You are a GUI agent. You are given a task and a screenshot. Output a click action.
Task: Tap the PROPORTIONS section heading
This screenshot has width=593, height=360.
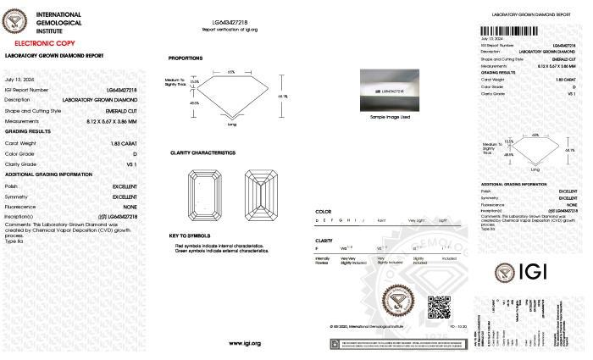coord(186,58)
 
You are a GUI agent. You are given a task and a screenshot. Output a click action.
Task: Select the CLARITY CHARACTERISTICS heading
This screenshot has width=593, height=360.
coord(202,152)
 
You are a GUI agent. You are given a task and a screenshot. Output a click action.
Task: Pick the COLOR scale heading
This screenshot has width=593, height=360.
coord(323,210)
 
